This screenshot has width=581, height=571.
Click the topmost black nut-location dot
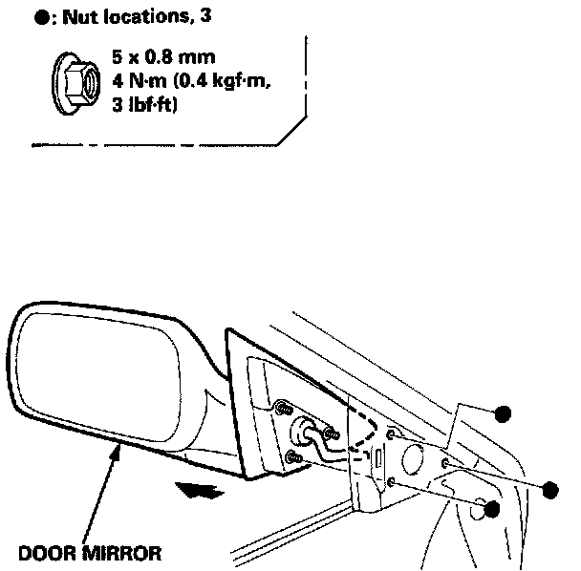pos(503,412)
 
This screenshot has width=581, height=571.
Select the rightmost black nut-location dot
pos(549,489)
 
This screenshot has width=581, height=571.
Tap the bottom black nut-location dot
pos(492,509)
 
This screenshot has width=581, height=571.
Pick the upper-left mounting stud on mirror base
pos(284,408)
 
